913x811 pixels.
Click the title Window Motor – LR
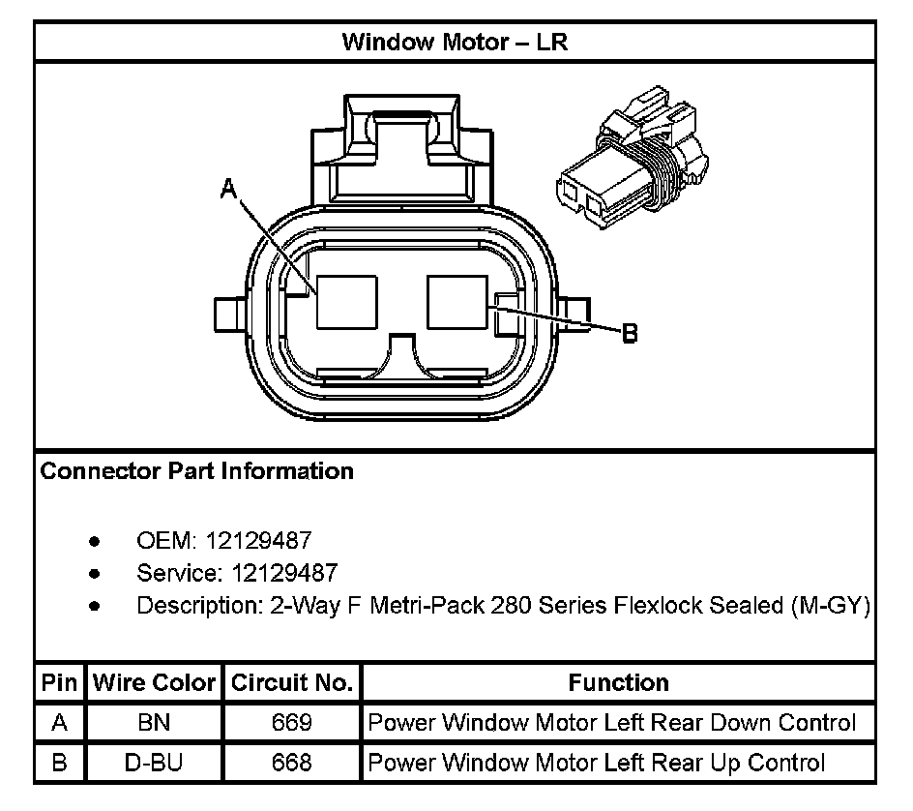tap(456, 43)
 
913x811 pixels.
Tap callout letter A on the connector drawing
tap(229, 190)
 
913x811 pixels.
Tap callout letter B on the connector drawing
tap(629, 333)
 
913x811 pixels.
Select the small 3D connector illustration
tap(629, 165)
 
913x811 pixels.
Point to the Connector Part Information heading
tap(196, 472)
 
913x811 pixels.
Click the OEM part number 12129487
tap(266, 540)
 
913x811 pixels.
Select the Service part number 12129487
tap(284, 573)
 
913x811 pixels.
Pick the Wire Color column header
tap(154, 683)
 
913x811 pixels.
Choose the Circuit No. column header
tap(291, 683)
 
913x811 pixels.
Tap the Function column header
tap(618, 683)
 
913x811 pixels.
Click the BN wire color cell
tap(154, 723)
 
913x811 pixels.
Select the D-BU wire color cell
tap(154, 764)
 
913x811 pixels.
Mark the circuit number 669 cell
tap(291, 723)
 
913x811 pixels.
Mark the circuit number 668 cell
tap(291, 764)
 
